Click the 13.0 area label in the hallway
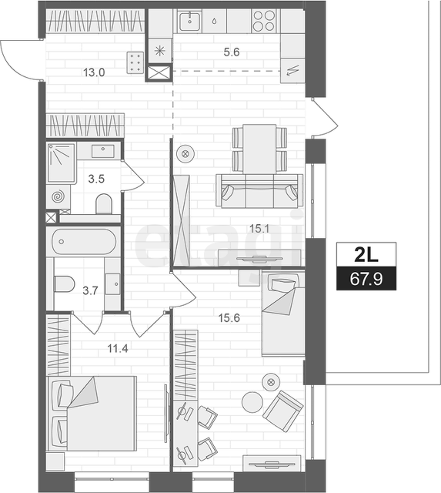point(94,72)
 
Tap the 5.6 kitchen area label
point(232,52)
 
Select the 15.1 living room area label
point(259,229)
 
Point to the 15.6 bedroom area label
point(229,318)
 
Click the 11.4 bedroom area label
point(118,348)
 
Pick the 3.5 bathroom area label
point(96,179)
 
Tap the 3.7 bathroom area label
point(90,291)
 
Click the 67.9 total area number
point(366,279)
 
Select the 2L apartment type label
point(366,255)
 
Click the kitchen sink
point(190,21)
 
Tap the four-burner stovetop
point(264,21)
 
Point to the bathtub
point(84,241)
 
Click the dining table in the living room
point(259,149)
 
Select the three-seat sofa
point(259,191)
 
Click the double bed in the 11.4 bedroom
point(92,413)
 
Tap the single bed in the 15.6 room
point(283,314)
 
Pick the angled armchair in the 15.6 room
point(282,411)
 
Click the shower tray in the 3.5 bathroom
point(62,163)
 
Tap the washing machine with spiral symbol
point(58,197)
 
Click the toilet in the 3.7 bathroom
point(64,284)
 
